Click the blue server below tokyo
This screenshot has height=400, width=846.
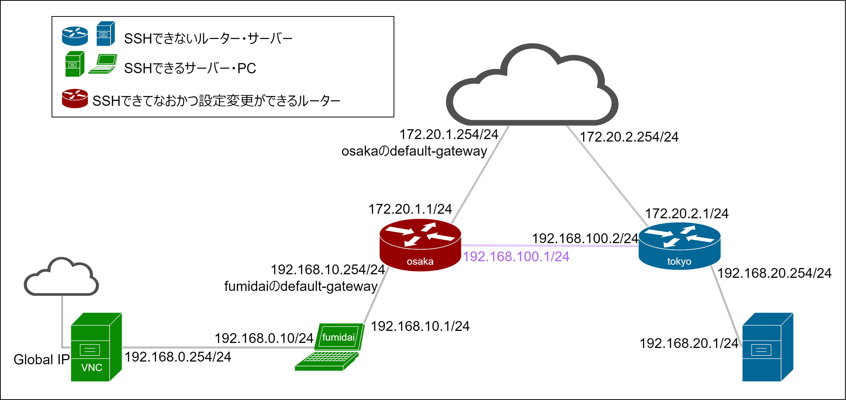[768, 347]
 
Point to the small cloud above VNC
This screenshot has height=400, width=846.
[61, 278]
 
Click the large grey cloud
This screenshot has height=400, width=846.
[532, 87]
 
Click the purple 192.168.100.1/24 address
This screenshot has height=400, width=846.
[516, 256]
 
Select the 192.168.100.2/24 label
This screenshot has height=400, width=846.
[585, 238]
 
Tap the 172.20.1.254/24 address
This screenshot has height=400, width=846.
[449, 134]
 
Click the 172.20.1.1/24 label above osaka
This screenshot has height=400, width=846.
[410, 209]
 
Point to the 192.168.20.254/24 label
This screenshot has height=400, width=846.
[774, 273]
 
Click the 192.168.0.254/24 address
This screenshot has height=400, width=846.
[178, 357]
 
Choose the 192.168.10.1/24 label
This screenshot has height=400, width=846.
[420, 326]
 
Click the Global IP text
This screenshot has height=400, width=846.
[41, 360]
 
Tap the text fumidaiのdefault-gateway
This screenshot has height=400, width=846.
[301, 286]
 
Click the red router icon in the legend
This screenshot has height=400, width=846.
[75, 98]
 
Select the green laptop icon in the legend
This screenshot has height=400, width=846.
[103, 64]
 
